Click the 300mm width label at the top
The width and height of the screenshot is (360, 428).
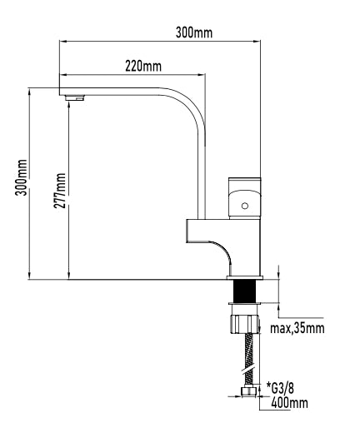(194, 32)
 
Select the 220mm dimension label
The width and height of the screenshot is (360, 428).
(143, 67)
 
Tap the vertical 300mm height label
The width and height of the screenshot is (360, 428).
(22, 177)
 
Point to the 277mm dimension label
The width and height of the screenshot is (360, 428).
(60, 191)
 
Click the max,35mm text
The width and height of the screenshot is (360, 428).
(297, 328)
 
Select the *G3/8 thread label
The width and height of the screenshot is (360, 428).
(280, 388)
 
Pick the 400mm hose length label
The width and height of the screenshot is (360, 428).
(289, 403)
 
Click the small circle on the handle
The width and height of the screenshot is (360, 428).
(245, 206)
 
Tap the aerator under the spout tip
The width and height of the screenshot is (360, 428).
(74, 97)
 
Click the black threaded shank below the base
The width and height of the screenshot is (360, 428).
(245, 291)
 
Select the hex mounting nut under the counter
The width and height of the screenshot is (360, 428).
(245, 324)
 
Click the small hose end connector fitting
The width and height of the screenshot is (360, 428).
(248, 391)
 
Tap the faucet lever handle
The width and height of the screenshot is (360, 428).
(245, 198)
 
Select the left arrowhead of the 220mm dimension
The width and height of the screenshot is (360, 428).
(63, 74)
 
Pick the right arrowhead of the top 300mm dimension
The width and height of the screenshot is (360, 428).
(257, 41)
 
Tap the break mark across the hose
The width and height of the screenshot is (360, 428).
(249, 371)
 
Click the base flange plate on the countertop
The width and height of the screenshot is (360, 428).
(245, 277)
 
